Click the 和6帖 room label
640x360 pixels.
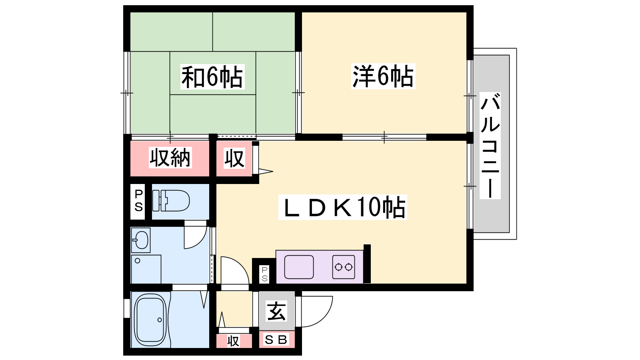(x=212, y=77)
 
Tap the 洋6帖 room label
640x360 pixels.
(x=383, y=76)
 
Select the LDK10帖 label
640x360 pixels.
(x=343, y=207)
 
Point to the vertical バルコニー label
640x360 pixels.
(x=490, y=146)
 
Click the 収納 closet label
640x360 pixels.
(x=170, y=158)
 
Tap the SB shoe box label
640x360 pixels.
(x=276, y=340)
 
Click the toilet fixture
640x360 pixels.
(x=171, y=200)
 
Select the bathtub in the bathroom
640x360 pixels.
(x=150, y=320)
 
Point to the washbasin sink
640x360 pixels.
(x=141, y=240)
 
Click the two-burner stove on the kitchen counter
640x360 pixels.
(x=344, y=267)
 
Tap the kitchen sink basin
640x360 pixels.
(x=299, y=267)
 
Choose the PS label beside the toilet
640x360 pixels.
(x=138, y=200)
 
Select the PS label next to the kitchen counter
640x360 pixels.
(x=264, y=274)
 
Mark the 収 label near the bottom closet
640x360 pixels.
(x=233, y=341)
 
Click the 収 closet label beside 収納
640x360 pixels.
(x=234, y=158)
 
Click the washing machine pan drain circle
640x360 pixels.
(x=138, y=260)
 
